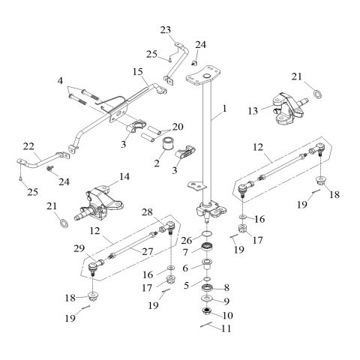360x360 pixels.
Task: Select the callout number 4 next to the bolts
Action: click(x=60, y=79)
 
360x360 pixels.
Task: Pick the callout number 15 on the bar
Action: click(x=137, y=72)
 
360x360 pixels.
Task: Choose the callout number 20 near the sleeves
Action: click(x=177, y=126)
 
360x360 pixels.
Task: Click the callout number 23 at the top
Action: click(x=166, y=30)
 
